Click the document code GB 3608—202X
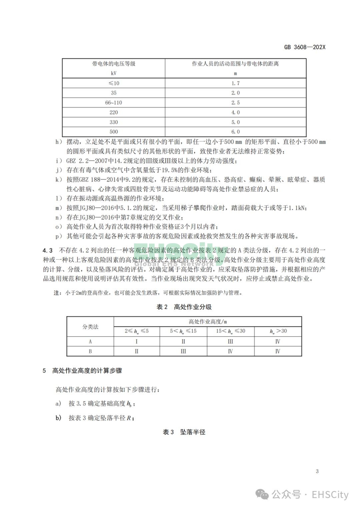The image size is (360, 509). coord(304,47)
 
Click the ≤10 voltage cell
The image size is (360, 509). coord(113,83)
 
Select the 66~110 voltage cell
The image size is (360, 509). coord(113,103)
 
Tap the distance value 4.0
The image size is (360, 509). coord(235,112)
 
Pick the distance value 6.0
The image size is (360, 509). coord(235,132)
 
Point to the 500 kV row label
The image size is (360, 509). coord(113,132)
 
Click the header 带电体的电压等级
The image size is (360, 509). coord(114,64)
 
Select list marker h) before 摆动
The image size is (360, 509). coord(59,142)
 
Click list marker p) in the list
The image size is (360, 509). coord(59,236)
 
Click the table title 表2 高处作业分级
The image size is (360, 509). coord(184,307)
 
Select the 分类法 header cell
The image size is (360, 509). coord(90,327)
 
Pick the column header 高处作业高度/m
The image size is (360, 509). coord(208,322)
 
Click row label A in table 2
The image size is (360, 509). coord(90,341)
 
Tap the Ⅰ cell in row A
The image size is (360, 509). coord(137,341)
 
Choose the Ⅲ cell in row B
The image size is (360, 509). coord(183,351)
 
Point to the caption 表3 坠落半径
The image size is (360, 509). coord(184,432)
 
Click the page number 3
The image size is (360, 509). coord(317,471)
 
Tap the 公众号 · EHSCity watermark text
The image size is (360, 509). coord(310,495)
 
